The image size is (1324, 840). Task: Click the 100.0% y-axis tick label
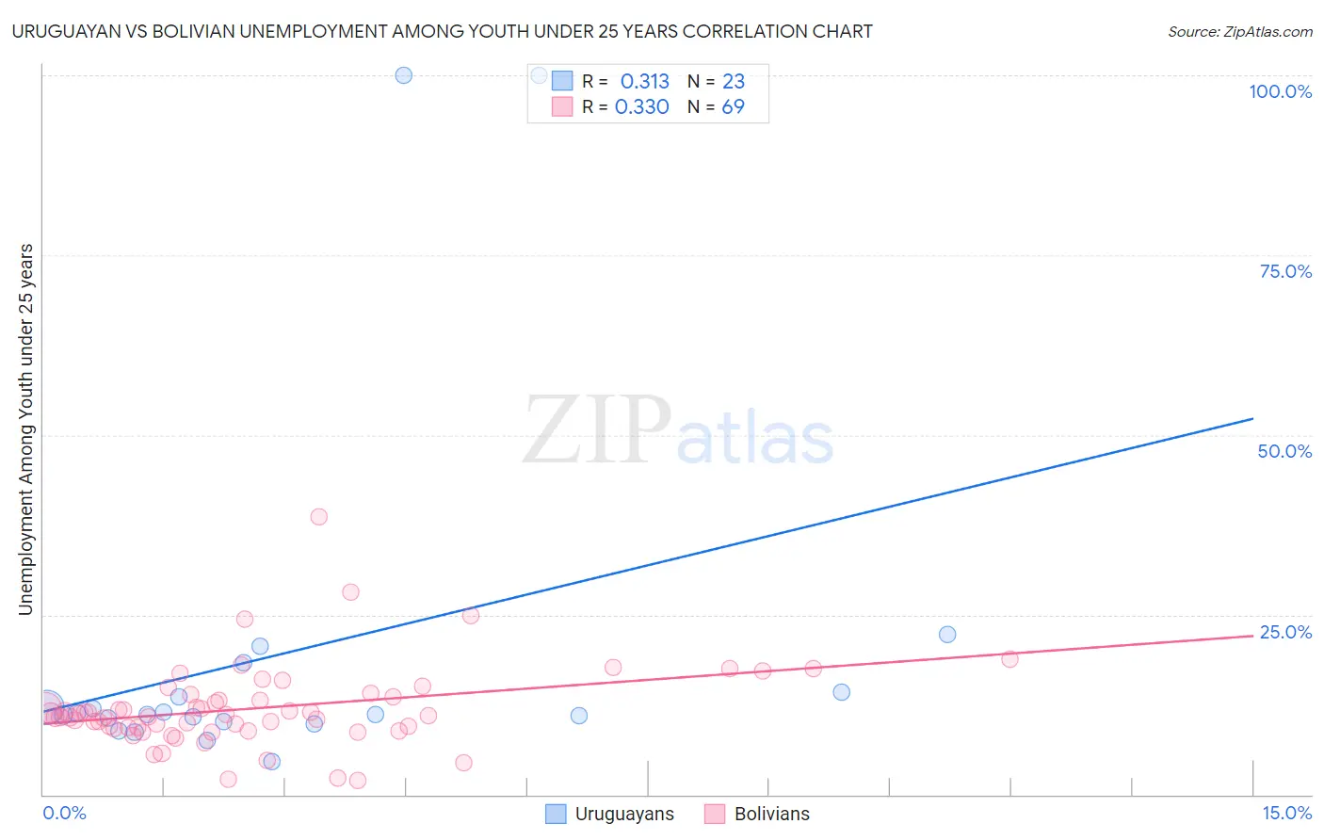(x=1280, y=91)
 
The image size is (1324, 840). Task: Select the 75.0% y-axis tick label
(x=1285, y=271)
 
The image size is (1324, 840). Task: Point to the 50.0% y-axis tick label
(x=1284, y=451)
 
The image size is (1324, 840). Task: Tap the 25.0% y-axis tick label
(x=1285, y=632)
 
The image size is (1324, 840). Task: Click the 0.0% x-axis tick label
(x=64, y=813)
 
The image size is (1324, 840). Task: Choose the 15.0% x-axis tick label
(x=1286, y=813)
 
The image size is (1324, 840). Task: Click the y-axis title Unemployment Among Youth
(x=25, y=429)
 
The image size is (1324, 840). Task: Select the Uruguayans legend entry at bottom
(x=610, y=815)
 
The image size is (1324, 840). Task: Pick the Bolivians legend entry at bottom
(x=757, y=815)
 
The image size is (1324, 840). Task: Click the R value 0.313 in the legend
(x=644, y=82)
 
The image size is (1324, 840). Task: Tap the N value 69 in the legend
(x=733, y=107)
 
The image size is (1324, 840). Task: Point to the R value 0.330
(x=641, y=107)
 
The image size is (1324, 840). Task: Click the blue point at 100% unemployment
(x=403, y=75)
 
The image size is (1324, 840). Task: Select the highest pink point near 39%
(x=319, y=517)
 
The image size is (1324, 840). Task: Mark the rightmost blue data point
(x=947, y=635)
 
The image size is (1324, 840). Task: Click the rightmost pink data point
(x=1009, y=659)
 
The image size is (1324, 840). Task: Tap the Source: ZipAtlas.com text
(x=1239, y=32)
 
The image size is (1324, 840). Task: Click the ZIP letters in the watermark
(x=596, y=430)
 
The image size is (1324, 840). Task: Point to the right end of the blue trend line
(x=1252, y=418)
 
